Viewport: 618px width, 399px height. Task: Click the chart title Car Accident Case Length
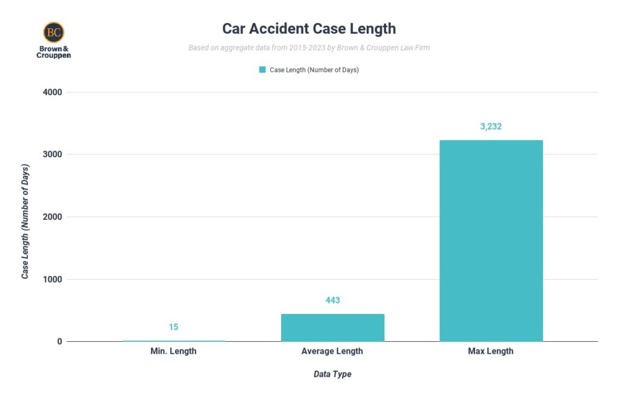tap(309, 28)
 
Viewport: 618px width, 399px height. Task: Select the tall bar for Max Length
tap(491, 240)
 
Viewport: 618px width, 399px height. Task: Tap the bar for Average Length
tap(333, 327)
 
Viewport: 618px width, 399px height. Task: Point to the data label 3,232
tap(491, 127)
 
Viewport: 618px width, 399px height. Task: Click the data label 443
tap(333, 300)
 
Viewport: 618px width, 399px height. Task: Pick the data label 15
tap(173, 327)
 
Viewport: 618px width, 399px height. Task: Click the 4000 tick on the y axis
tap(52, 92)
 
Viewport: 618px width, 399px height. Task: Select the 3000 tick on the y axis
tap(52, 154)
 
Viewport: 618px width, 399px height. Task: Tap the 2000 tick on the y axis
tap(52, 217)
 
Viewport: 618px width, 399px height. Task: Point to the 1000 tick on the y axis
tap(52, 279)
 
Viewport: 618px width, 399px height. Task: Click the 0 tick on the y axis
tap(60, 342)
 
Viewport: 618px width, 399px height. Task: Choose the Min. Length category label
tap(173, 351)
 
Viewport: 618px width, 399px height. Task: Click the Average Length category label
tap(333, 351)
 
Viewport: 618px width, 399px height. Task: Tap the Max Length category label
tap(491, 351)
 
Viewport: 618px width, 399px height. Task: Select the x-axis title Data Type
tap(333, 374)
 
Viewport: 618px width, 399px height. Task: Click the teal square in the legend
tap(263, 70)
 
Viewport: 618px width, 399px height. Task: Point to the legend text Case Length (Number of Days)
tap(314, 70)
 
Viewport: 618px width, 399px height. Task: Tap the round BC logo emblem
tap(53, 32)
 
